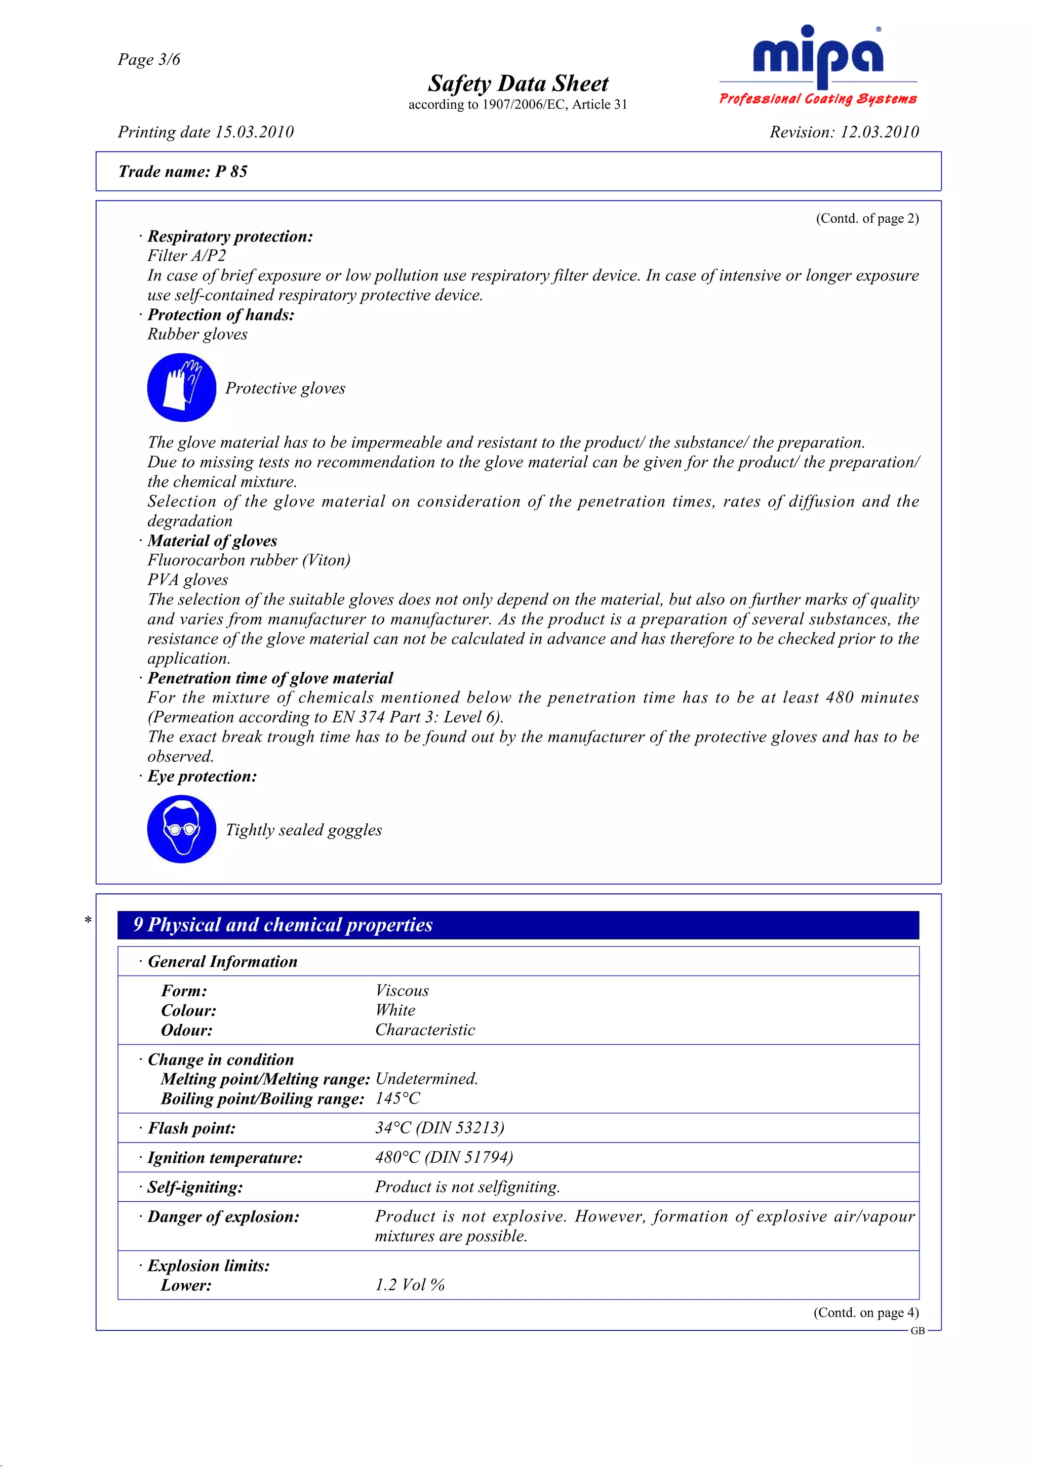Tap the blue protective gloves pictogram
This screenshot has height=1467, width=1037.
(181, 388)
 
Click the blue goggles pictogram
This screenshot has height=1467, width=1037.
(181, 829)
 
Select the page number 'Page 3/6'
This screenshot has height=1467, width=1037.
(149, 59)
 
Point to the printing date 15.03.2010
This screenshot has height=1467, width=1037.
(254, 132)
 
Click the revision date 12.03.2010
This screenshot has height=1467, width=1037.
(879, 132)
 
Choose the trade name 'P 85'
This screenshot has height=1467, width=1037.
(231, 171)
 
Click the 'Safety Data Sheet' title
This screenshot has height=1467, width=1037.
(517, 84)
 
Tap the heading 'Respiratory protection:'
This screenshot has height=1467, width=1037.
(230, 236)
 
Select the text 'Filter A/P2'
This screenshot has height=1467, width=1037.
(186, 256)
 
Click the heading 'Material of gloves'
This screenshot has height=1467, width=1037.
(212, 541)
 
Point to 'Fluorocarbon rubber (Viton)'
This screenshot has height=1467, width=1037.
(249, 560)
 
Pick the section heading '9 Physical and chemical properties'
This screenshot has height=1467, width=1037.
(283, 924)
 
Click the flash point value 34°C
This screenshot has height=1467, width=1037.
(393, 1128)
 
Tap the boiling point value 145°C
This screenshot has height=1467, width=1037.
(397, 1098)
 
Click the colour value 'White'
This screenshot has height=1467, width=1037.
(395, 1010)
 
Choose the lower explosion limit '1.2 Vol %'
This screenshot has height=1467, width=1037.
(410, 1285)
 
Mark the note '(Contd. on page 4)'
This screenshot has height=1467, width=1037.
(866, 1313)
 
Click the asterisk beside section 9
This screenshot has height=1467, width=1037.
(88, 920)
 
